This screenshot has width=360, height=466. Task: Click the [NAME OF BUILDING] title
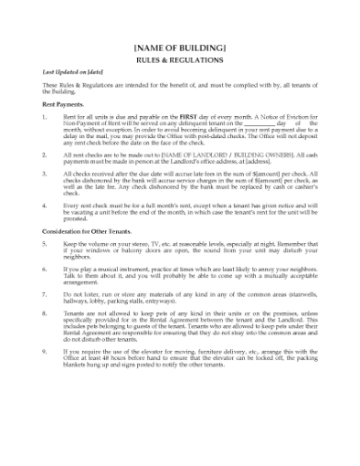[179, 47]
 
